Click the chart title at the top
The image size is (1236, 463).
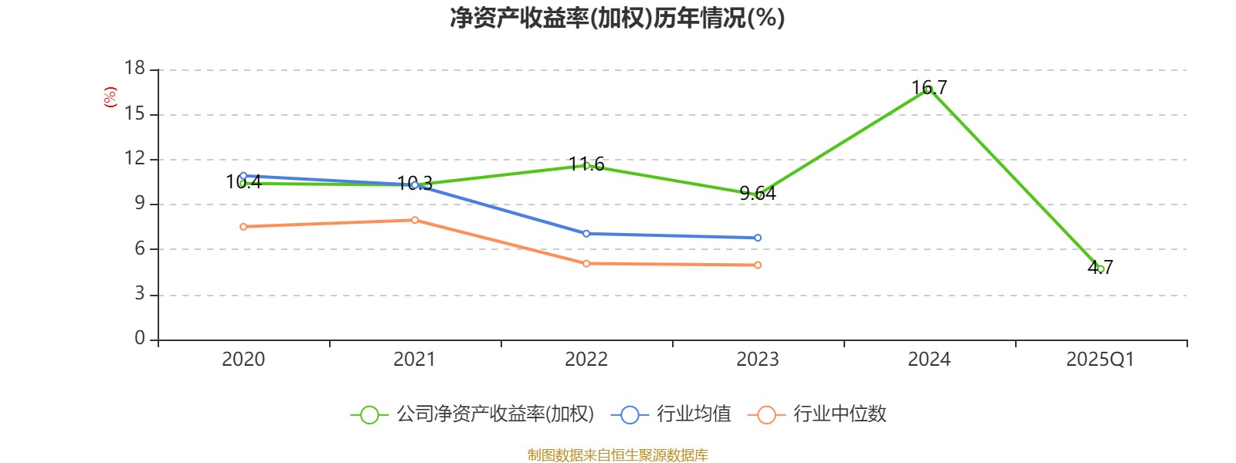(617, 18)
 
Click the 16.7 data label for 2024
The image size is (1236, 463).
(929, 87)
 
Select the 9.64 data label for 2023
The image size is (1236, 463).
(757, 193)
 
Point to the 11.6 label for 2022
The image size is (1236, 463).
(586, 164)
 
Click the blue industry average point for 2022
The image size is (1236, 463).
(586, 233)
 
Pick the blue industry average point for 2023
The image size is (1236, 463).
(758, 238)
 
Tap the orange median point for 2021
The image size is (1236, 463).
(415, 220)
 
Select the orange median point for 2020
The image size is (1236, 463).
(243, 226)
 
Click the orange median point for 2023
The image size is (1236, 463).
(758, 265)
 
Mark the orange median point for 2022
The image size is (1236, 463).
(586, 263)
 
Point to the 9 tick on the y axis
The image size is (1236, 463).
(140, 203)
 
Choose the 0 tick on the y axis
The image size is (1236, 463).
(140, 338)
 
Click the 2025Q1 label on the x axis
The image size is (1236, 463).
(1100, 359)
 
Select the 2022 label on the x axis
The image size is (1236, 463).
(586, 359)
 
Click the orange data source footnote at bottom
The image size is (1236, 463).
(617, 455)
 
